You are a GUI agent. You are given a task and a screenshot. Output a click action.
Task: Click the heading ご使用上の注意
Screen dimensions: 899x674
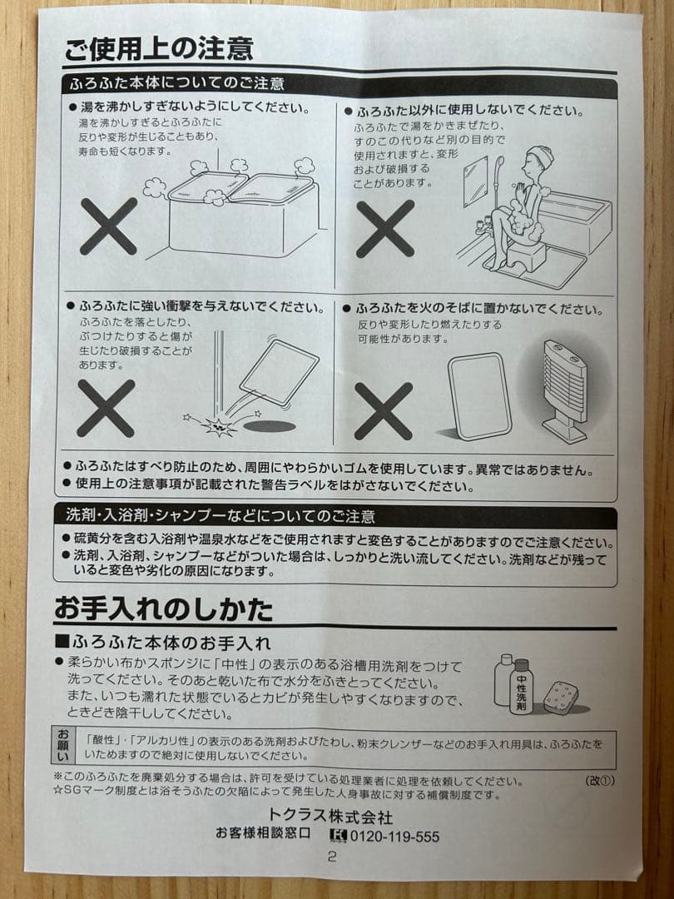point(158,48)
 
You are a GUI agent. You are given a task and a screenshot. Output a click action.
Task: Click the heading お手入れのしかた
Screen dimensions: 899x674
point(163,609)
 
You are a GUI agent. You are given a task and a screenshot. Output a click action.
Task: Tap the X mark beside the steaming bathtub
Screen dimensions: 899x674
point(108,226)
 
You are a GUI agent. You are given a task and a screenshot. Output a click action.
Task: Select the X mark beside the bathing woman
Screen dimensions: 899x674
point(384,228)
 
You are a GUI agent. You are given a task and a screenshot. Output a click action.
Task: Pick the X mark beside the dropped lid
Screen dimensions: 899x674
point(106,408)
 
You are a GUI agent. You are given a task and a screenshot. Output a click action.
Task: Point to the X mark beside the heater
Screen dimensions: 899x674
point(383,410)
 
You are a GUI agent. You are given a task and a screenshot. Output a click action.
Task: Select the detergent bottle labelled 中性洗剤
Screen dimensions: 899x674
point(521,686)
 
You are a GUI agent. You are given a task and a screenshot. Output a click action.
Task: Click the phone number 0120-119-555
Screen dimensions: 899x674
point(394,837)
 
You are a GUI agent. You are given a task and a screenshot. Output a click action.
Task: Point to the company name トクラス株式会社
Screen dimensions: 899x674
point(330,817)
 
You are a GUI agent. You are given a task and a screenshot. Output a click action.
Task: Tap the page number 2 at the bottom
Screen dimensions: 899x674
point(331,857)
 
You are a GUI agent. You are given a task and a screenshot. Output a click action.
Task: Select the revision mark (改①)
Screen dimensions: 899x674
point(599,781)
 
